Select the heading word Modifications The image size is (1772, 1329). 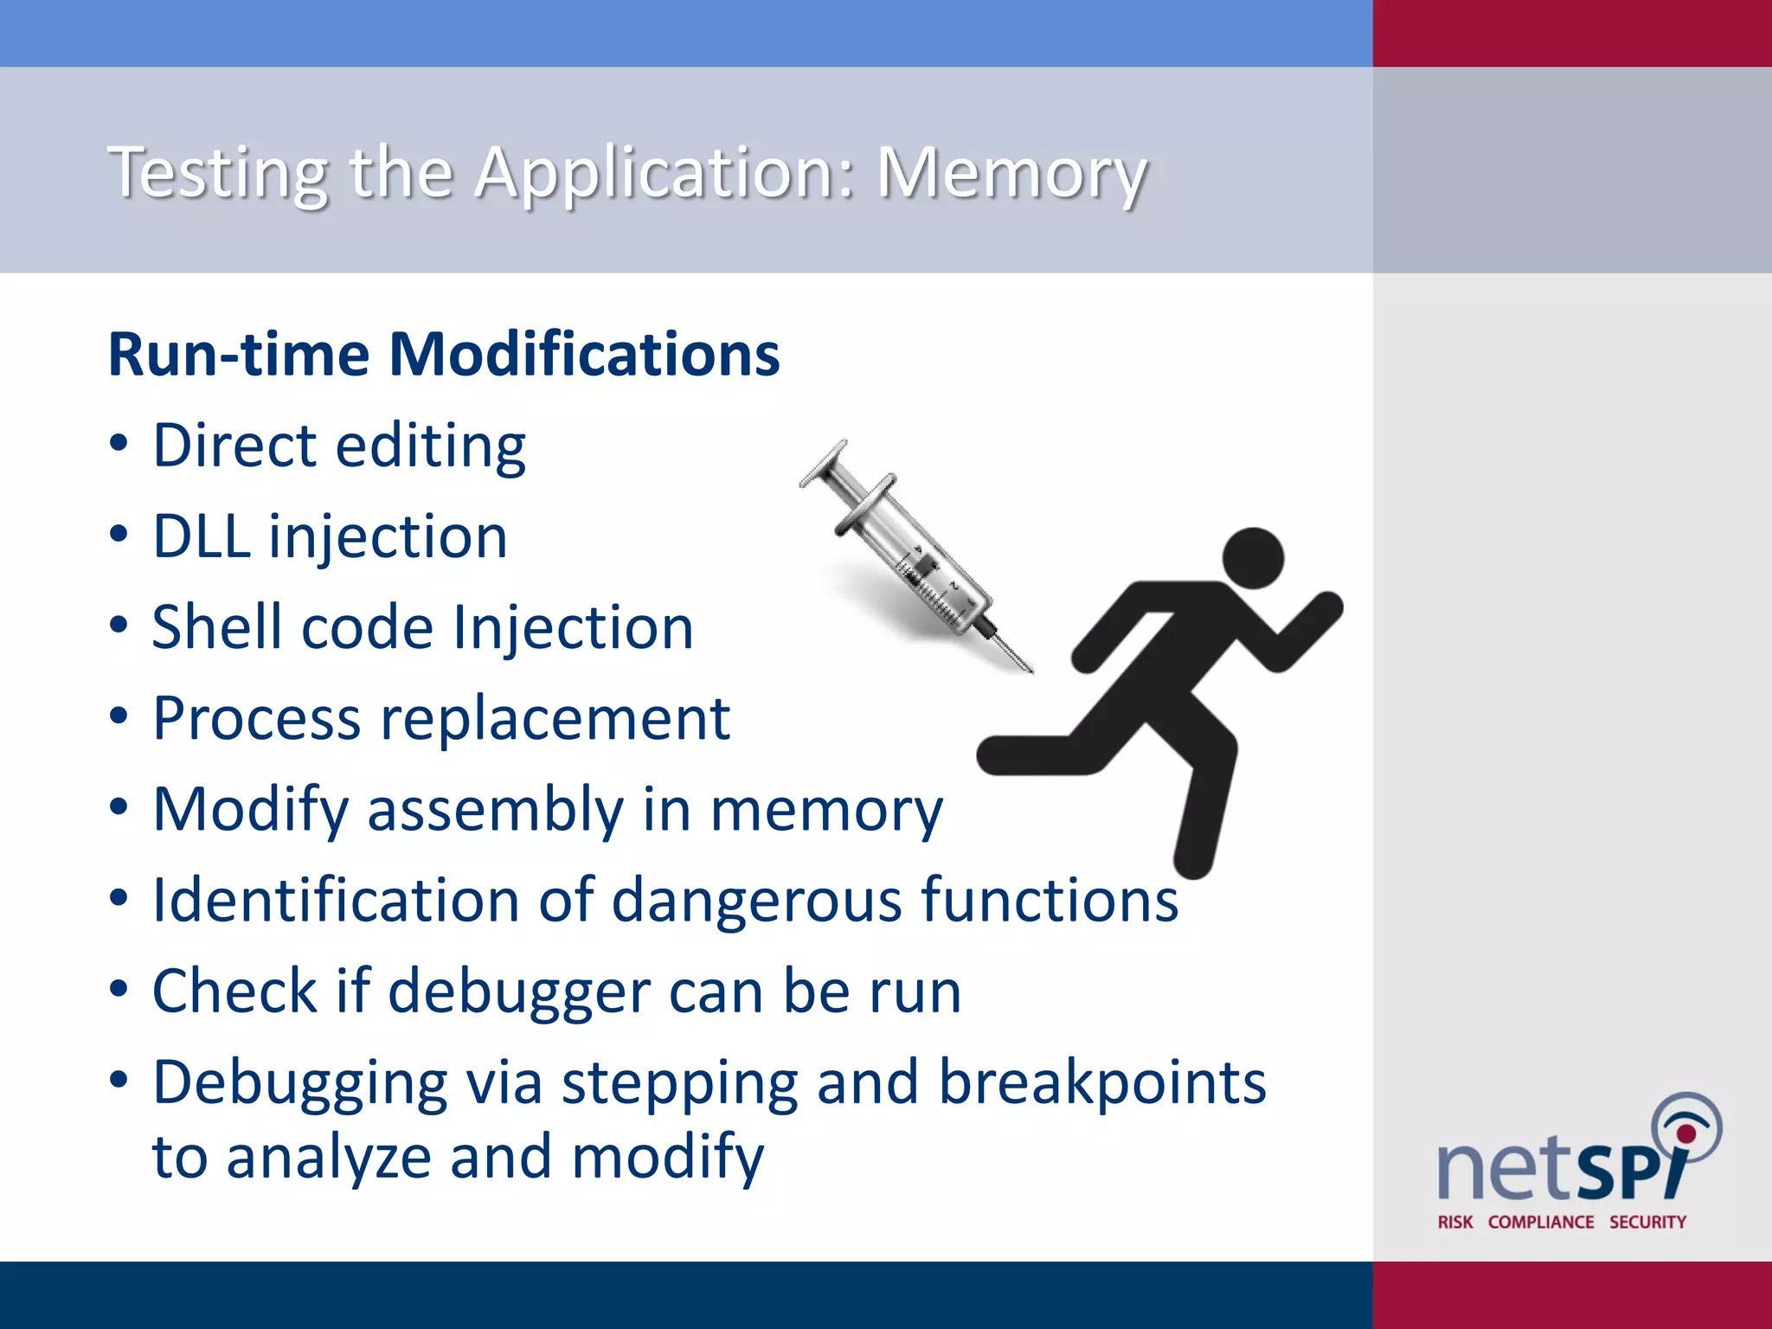(x=584, y=355)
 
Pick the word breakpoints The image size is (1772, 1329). (x=1102, y=1082)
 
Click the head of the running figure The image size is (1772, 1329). (x=1254, y=558)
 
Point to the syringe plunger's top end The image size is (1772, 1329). (x=823, y=463)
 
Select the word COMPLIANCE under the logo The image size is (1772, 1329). (x=1541, y=1222)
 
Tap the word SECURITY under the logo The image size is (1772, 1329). (x=1647, y=1222)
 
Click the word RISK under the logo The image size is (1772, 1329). (x=1455, y=1222)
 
